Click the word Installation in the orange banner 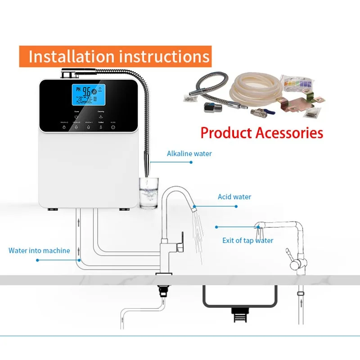(71, 57)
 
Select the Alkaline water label (189, 153)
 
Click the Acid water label (234, 197)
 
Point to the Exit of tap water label (247, 240)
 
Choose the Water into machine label (39, 250)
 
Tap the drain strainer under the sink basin (239, 314)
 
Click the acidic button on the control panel (113, 127)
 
